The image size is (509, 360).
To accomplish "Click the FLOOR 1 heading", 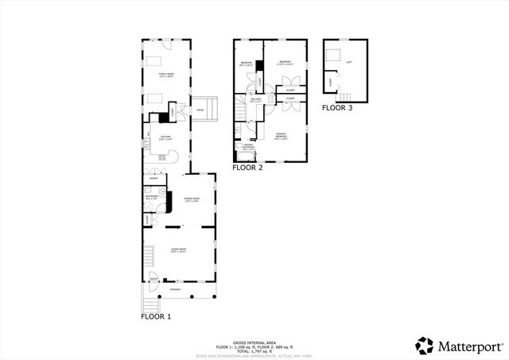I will [x=157, y=316].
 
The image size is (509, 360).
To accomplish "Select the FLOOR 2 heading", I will [x=247, y=168].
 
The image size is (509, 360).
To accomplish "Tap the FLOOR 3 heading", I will [x=337, y=106].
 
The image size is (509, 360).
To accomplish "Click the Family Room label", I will [x=167, y=75].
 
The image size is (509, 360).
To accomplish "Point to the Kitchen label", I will [x=166, y=137].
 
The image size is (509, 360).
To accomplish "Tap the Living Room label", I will [x=178, y=250].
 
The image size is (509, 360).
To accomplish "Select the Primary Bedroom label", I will [x=281, y=135].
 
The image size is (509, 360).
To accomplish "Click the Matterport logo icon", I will [x=424, y=345].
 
